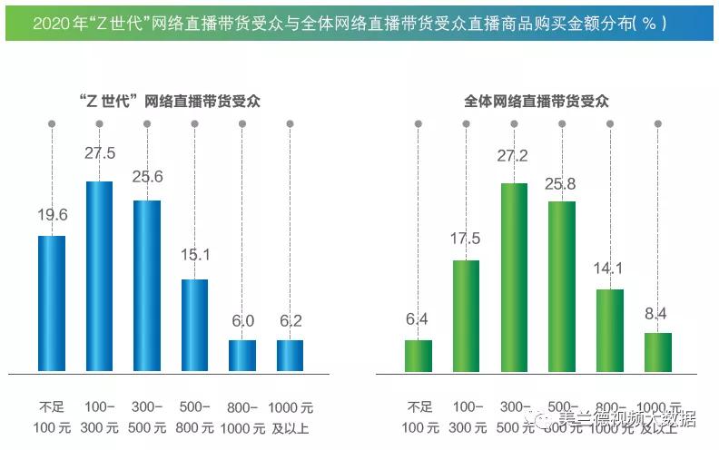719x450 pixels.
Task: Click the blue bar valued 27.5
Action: (99, 277)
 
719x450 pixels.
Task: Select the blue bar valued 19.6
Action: (52, 304)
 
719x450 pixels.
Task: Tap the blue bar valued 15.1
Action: (194, 326)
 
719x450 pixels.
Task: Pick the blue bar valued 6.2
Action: (290, 356)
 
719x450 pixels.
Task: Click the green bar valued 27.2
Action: (515, 278)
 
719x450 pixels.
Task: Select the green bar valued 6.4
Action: (419, 356)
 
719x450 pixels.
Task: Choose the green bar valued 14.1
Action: (610, 330)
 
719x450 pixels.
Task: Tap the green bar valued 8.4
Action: (658, 352)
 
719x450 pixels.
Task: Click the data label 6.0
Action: (242, 320)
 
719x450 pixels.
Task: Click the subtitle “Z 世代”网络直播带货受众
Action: (170, 102)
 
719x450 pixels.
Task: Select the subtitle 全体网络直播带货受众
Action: (537, 102)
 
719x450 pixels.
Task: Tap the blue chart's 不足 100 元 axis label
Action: (52, 415)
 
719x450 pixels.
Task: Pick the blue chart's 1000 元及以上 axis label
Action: (290, 415)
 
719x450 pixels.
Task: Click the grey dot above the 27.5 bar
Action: (99, 122)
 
